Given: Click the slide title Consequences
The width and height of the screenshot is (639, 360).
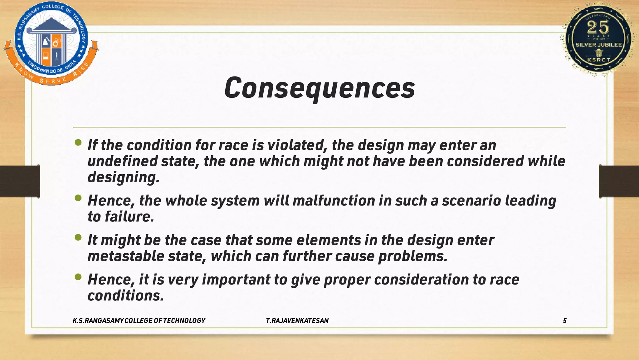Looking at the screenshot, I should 319,88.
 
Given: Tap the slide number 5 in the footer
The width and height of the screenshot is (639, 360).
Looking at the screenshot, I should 564,321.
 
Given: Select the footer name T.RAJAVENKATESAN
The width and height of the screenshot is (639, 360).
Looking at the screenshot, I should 297,321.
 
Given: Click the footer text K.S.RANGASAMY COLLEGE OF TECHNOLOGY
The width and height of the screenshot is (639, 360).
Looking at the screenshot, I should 139,321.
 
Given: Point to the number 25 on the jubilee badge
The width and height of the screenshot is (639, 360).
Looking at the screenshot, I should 598,27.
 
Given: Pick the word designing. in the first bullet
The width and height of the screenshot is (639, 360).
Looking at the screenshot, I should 124,177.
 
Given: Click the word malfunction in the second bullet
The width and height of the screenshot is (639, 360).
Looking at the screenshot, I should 334,200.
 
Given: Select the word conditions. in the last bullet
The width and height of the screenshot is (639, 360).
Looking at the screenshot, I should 126,296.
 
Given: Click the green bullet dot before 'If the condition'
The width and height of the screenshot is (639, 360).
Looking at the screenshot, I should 78,143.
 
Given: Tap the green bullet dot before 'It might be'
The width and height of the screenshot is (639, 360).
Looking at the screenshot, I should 78,238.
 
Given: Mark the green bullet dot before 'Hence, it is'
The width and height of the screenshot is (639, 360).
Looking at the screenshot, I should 78,277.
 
